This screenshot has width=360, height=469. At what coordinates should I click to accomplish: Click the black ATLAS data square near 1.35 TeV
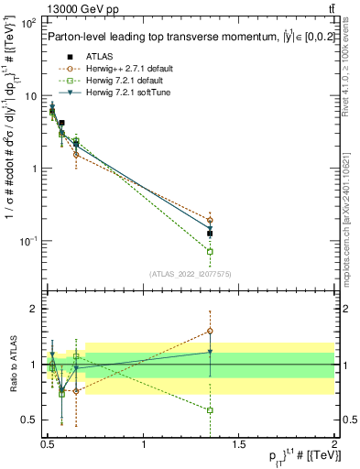click(210, 234)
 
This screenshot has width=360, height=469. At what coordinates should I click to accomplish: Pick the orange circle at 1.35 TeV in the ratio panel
click(210, 331)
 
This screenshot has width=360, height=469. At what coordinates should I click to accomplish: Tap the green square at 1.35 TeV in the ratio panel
click(210, 410)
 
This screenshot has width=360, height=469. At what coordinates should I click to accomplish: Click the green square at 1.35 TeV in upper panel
click(210, 251)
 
